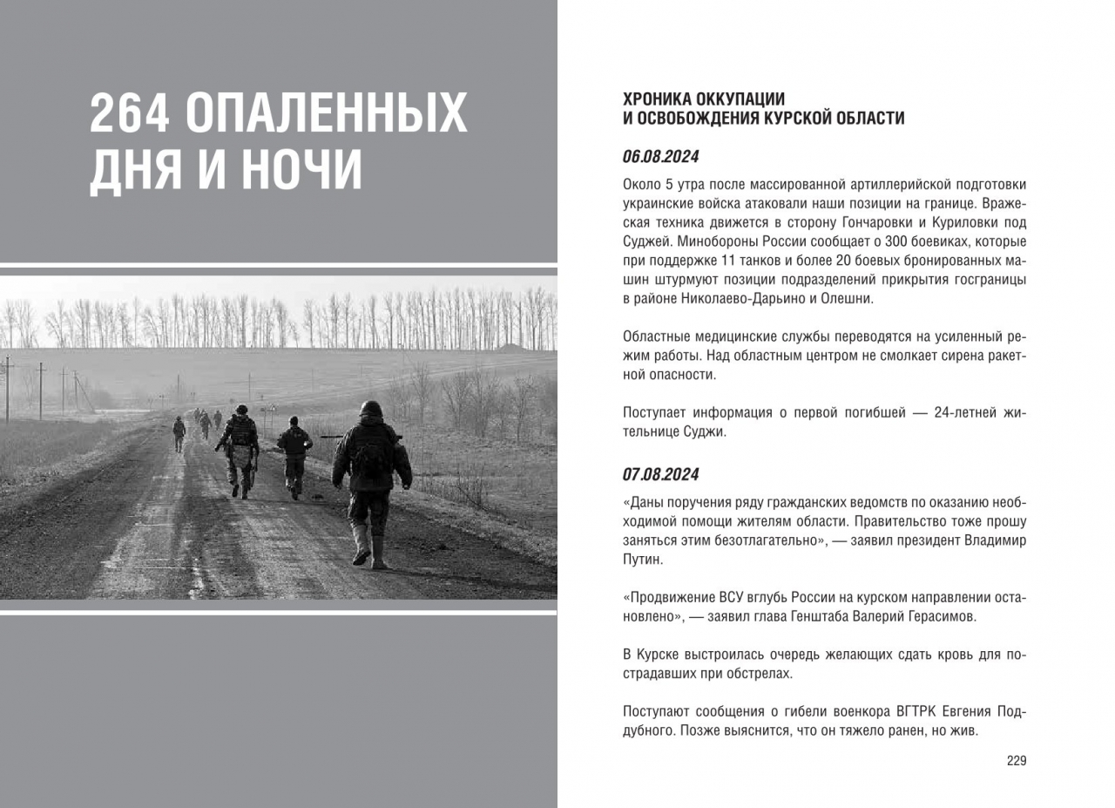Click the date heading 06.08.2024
660,158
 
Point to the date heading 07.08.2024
660,475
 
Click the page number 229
1017,761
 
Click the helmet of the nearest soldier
372,409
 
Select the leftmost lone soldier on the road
179,432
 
